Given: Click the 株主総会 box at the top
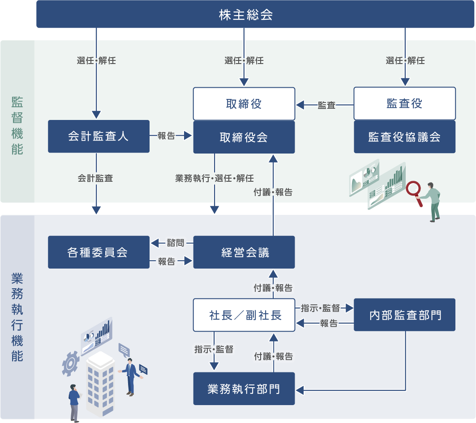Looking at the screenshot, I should [x=246, y=14].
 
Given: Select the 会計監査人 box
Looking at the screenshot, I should [x=99, y=136].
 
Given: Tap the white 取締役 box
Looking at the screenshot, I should [x=244, y=104].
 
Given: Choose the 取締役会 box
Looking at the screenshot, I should [x=244, y=137].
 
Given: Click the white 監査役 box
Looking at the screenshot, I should [x=404, y=103].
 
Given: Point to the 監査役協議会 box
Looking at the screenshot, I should [x=404, y=137].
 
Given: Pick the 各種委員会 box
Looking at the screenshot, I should [x=99, y=252].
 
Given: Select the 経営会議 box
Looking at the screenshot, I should [x=244, y=252].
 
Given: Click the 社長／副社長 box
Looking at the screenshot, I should [x=244, y=315].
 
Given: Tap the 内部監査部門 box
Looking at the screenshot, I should [x=404, y=315].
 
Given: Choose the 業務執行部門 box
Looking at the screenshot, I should [x=244, y=389].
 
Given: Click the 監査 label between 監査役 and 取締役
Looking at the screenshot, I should [x=326, y=105].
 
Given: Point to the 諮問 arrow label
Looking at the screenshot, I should [x=175, y=243].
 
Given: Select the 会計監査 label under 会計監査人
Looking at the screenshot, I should [x=95, y=178].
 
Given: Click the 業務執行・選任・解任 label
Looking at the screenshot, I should [x=214, y=178].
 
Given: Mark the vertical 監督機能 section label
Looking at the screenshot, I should [x=17, y=125].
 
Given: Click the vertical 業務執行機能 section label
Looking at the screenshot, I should [x=17, y=318].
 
